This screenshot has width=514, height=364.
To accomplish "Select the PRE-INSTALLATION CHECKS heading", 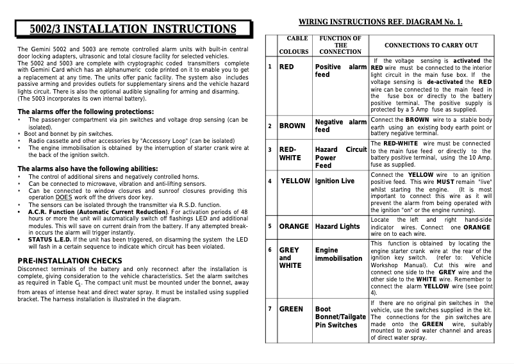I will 70,260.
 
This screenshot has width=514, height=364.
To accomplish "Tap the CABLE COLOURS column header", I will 297,45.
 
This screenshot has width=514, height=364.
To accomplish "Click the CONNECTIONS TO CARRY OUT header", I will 431,45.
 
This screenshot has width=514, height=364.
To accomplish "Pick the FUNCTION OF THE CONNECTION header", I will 340,45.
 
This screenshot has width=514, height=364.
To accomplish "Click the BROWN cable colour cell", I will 292,126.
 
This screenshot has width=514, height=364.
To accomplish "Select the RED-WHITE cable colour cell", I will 290,154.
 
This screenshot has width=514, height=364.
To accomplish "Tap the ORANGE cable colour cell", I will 294,226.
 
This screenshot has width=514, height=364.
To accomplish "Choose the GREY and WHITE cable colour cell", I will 290,258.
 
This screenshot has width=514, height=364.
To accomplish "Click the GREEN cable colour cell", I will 291,309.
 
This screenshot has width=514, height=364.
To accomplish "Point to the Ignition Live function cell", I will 335,181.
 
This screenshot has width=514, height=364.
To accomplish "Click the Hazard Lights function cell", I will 337,226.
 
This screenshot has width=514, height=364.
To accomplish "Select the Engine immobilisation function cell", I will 338,254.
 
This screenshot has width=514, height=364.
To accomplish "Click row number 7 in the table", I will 270,309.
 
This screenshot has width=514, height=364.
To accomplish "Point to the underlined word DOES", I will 63,197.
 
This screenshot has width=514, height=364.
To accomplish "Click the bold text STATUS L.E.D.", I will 49,239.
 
